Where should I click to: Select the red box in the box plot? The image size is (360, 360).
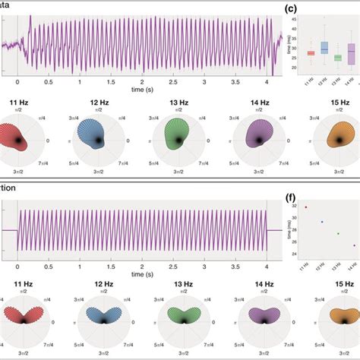(x=311, y=53)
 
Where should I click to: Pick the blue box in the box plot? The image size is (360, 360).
(x=324, y=48)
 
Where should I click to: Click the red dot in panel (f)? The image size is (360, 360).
(x=305, y=207)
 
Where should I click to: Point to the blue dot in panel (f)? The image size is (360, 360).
(x=322, y=222)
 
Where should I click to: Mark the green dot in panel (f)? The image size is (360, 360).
(x=338, y=233)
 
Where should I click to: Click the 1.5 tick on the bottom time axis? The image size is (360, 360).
(x=111, y=265)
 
